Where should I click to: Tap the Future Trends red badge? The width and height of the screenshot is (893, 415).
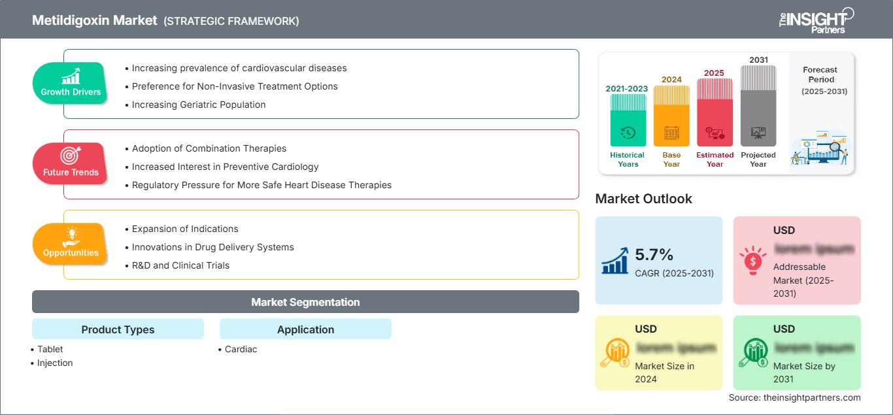(x=71, y=163)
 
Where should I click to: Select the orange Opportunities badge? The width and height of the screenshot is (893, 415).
(x=71, y=244)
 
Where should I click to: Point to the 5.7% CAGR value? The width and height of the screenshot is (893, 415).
(x=654, y=254)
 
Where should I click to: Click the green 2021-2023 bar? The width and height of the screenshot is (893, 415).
(x=628, y=120)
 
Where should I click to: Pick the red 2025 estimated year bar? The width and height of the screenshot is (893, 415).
(x=715, y=112)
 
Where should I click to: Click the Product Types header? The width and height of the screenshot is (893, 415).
(x=118, y=329)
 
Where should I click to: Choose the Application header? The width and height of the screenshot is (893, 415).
(x=305, y=329)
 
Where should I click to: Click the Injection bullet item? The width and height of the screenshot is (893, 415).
(x=55, y=363)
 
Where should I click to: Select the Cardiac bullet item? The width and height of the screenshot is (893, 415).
(x=241, y=349)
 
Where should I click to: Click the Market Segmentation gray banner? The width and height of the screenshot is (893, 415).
(x=305, y=302)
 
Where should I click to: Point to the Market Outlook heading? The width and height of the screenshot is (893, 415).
(x=643, y=199)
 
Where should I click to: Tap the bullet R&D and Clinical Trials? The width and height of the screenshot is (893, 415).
(x=180, y=265)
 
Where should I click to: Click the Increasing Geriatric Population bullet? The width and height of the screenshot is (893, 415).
(x=199, y=105)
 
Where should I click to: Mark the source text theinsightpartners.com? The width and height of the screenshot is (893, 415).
(x=794, y=397)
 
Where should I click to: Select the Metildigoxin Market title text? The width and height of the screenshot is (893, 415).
(x=95, y=20)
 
